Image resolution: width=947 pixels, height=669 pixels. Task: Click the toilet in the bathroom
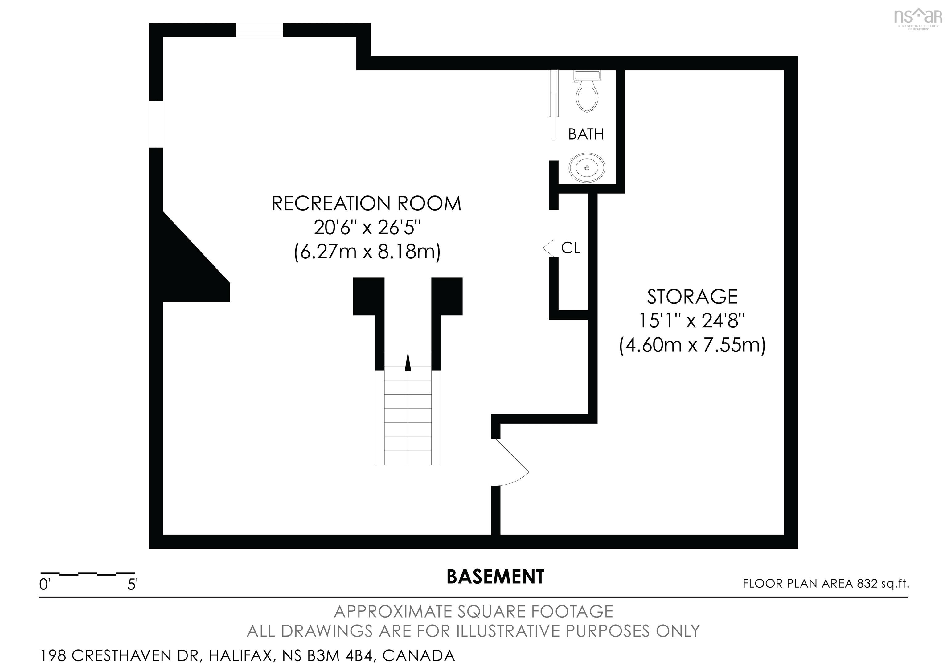[587, 94]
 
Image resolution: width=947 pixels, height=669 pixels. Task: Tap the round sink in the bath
[587, 168]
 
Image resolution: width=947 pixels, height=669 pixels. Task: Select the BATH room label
[586, 134]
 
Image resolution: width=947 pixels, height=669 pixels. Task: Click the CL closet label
[571, 248]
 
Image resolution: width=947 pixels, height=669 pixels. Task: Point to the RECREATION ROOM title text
[366, 204]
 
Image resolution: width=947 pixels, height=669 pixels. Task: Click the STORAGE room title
[692, 297]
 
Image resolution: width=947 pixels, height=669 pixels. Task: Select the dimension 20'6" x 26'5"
[366, 227]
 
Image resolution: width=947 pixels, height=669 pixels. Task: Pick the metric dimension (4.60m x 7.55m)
[692, 345]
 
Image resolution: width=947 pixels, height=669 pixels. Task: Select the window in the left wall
[156, 123]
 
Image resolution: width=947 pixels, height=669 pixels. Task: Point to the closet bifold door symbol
[548, 248]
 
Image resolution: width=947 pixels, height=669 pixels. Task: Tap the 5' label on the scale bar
[132, 585]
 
